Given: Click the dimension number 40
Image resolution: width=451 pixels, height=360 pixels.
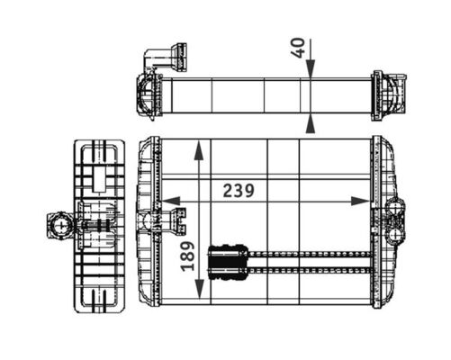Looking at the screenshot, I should click(x=299, y=47).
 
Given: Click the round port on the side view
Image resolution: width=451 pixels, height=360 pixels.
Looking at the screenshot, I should click(x=59, y=222).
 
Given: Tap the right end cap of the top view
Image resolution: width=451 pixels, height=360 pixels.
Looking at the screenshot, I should click(x=388, y=93).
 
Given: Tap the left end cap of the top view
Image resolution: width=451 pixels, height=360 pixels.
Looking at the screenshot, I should click(x=148, y=93).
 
